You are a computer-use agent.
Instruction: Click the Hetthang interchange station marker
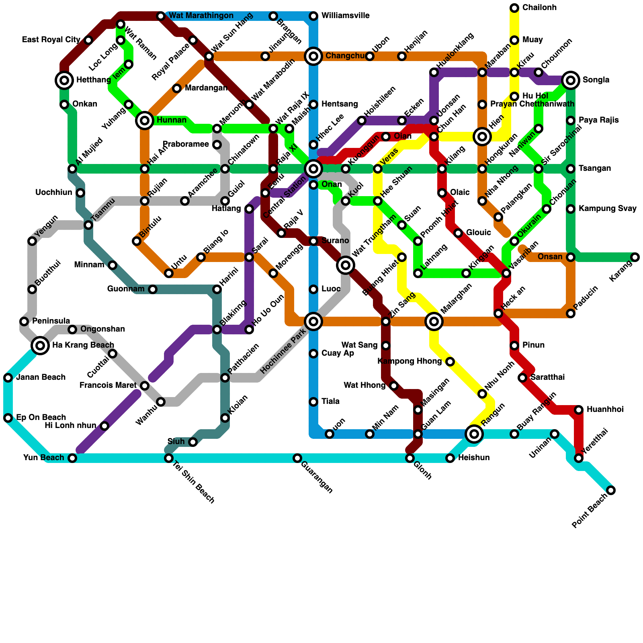tap(64, 80)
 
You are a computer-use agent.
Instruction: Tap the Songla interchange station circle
tap(571, 80)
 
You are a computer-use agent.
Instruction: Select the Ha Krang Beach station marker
tap(40, 346)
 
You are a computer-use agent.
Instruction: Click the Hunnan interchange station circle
tap(145, 120)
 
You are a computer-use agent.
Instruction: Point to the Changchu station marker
tap(313, 56)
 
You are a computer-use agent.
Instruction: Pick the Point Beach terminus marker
tap(611, 490)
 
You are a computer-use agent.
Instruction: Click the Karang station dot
tap(635, 257)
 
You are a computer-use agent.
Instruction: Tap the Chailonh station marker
tap(514, 8)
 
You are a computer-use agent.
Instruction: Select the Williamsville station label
tap(345, 16)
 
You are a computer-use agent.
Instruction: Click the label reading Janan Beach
tap(41, 377)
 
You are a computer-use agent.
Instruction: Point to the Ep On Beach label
tap(41, 418)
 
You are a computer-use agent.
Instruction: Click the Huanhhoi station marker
tap(579, 410)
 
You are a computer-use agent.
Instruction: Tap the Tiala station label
tap(330, 402)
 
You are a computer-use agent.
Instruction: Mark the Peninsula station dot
tap(24, 321)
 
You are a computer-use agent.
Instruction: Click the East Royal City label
tap(51, 40)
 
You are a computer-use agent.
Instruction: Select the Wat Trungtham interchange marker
tap(346, 265)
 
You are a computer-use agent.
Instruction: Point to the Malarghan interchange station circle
tap(434, 321)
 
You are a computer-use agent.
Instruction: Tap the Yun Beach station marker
tap(72, 458)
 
